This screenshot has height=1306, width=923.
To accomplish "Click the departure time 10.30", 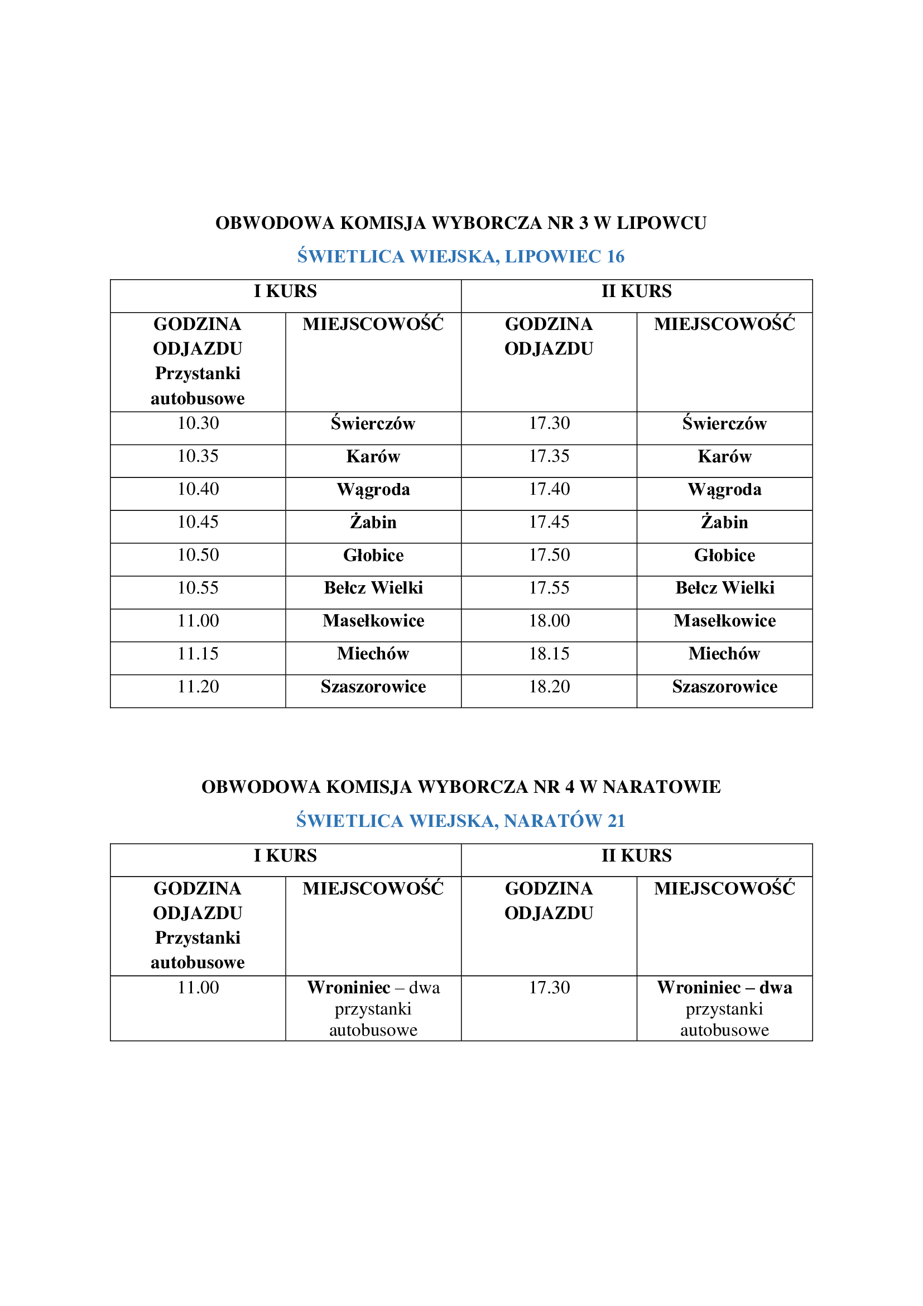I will (x=198, y=423).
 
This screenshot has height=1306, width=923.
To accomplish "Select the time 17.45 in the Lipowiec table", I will (x=549, y=522).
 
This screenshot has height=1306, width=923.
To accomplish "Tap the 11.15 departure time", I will (x=198, y=654).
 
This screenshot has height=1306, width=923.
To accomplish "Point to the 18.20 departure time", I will (x=549, y=687).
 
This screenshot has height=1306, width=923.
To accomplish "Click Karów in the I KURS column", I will (x=373, y=457).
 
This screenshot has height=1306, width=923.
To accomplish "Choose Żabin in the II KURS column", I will (x=724, y=522).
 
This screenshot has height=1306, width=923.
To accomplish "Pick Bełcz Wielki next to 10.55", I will (x=373, y=587).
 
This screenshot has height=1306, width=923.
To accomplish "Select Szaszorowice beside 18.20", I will (x=724, y=687).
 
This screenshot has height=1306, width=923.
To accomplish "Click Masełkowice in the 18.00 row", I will (x=724, y=620).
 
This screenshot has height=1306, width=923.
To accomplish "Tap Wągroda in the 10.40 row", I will (x=373, y=490).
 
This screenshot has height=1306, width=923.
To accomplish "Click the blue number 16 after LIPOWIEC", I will (x=615, y=256).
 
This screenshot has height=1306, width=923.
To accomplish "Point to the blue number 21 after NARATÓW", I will (x=616, y=821).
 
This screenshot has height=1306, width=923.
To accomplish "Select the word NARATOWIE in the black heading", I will (x=662, y=787).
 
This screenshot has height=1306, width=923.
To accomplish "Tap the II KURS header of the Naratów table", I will (x=637, y=855).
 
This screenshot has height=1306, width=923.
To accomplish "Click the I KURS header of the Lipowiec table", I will (x=285, y=291).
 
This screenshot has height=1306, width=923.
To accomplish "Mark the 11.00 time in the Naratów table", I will (x=198, y=988).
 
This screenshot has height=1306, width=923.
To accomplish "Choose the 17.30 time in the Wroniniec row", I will (x=549, y=988).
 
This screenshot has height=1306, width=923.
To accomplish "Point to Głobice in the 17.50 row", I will (x=724, y=555).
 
